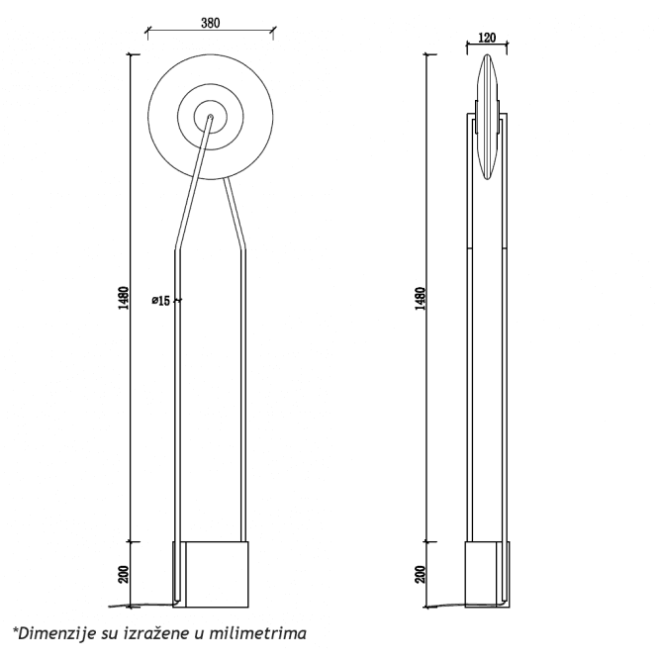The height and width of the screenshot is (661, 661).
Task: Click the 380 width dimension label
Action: (210, 22)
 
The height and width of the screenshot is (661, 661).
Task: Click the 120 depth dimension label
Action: (486, 38)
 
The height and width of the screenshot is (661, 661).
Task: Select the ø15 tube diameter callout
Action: (160, 300)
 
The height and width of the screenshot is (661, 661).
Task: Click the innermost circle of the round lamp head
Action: (210, 116)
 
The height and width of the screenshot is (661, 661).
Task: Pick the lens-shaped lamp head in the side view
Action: (489, 119)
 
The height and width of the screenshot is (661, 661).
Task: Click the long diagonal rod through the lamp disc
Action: (194, 183)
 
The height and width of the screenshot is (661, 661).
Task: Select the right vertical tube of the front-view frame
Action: (244, 396)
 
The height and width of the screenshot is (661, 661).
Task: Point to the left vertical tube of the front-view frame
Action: (176, 416)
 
